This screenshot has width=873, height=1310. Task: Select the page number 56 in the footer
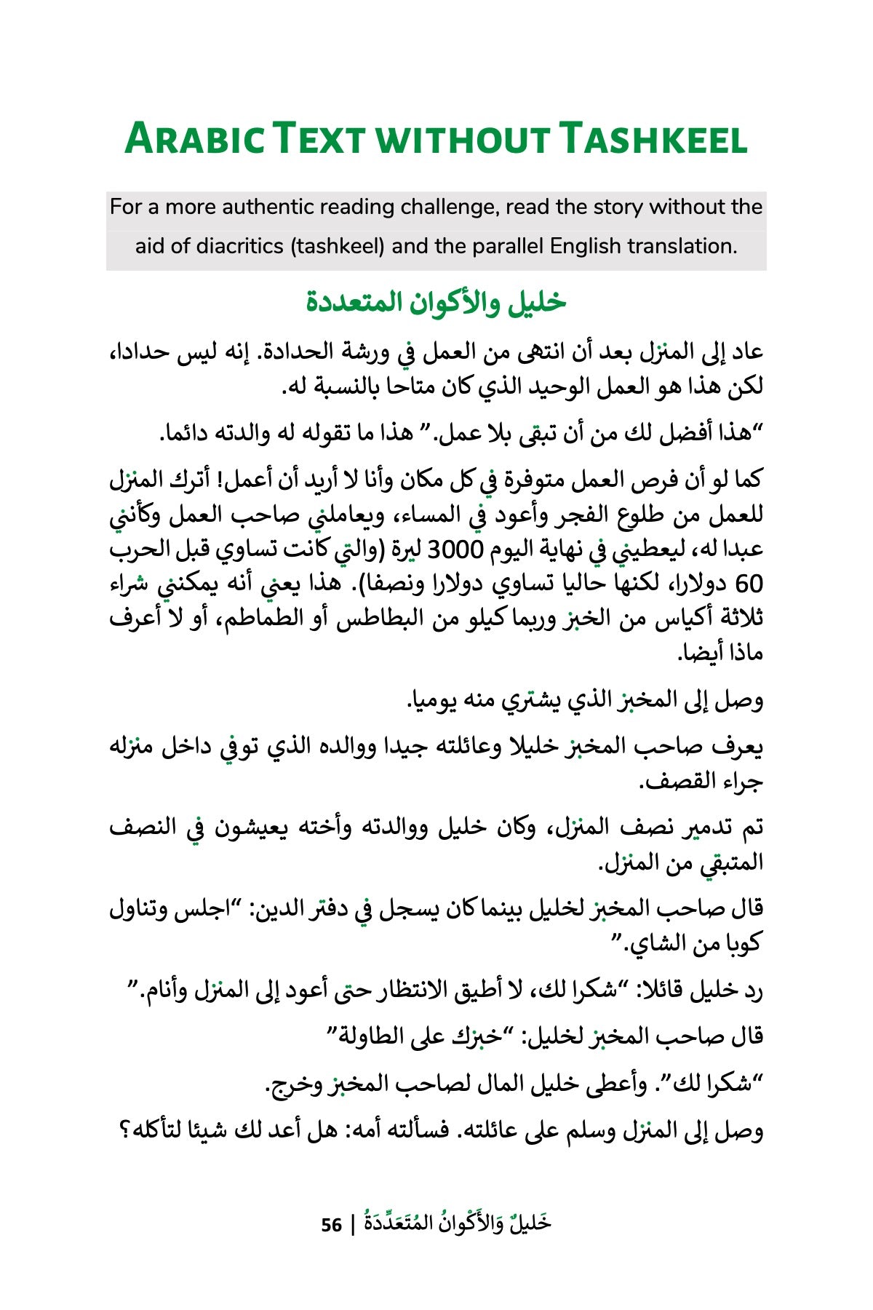coord(332,1225)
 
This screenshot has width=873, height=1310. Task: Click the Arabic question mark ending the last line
coord(124,1132)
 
